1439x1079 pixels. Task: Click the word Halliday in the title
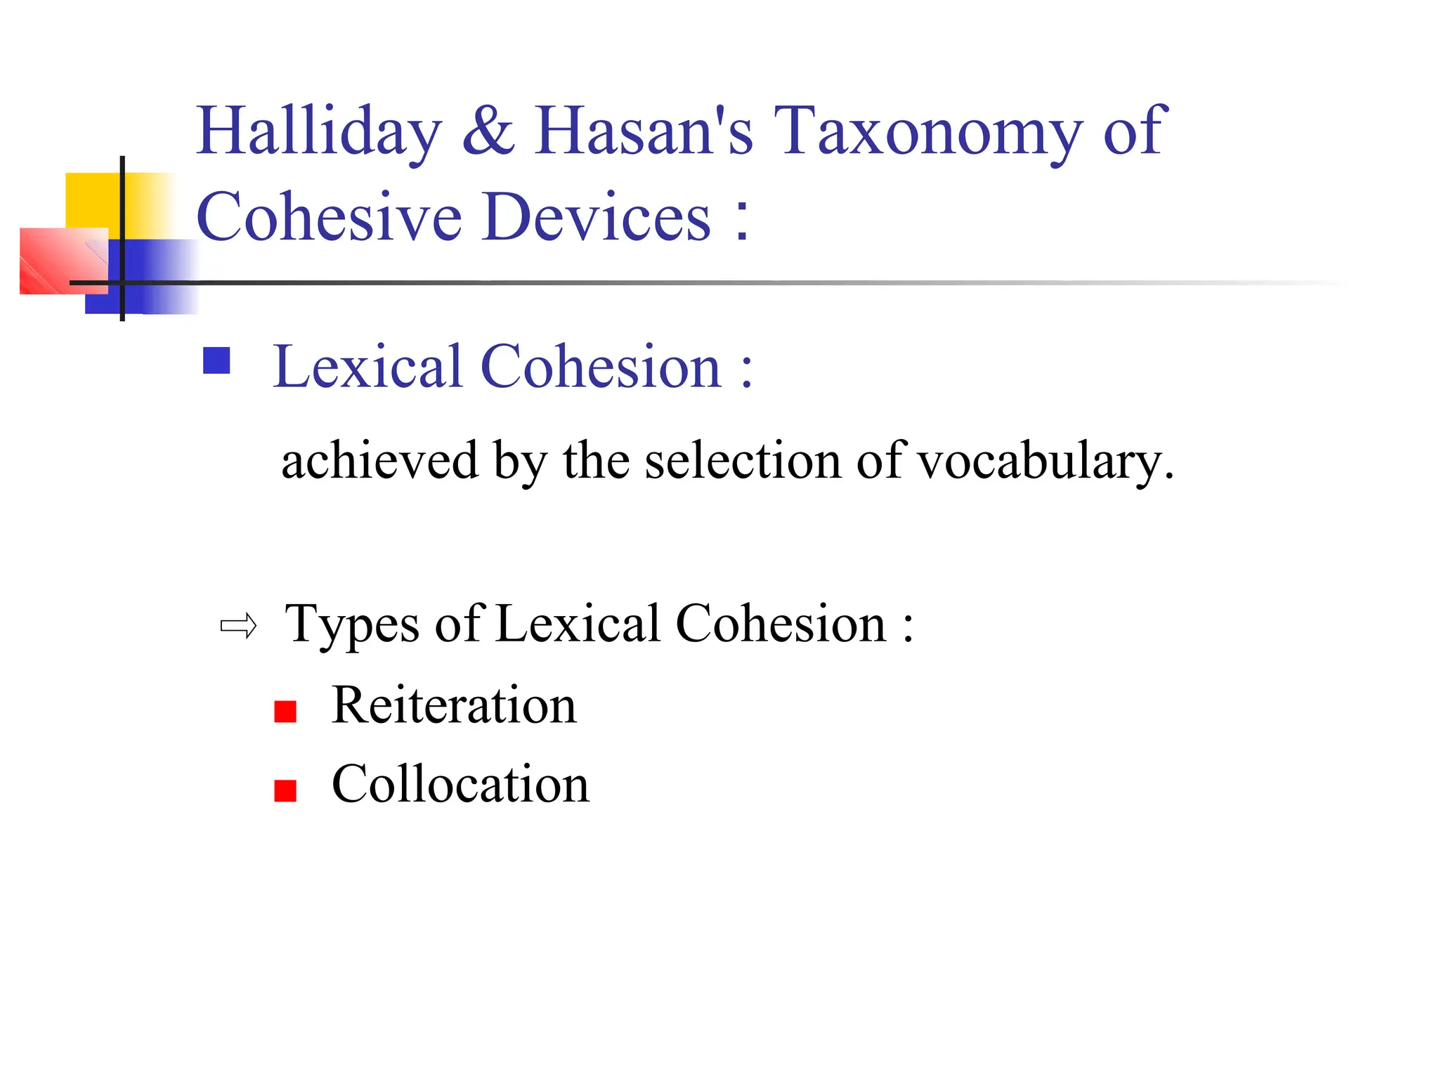[319, 131]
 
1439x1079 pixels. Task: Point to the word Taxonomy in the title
[927, 131]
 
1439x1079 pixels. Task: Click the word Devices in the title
[597, 217]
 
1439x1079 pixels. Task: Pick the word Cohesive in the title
[329, 217]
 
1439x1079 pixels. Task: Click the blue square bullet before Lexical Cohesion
[216, 361]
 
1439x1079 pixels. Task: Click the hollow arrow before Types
[239, 626]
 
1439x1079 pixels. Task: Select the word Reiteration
[454, 705]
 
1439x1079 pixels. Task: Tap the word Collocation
[460, 784]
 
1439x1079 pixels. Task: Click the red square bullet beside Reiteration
[285, 712]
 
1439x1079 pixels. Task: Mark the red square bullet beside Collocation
[285, 791]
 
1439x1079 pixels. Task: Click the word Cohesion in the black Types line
[781, 624]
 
